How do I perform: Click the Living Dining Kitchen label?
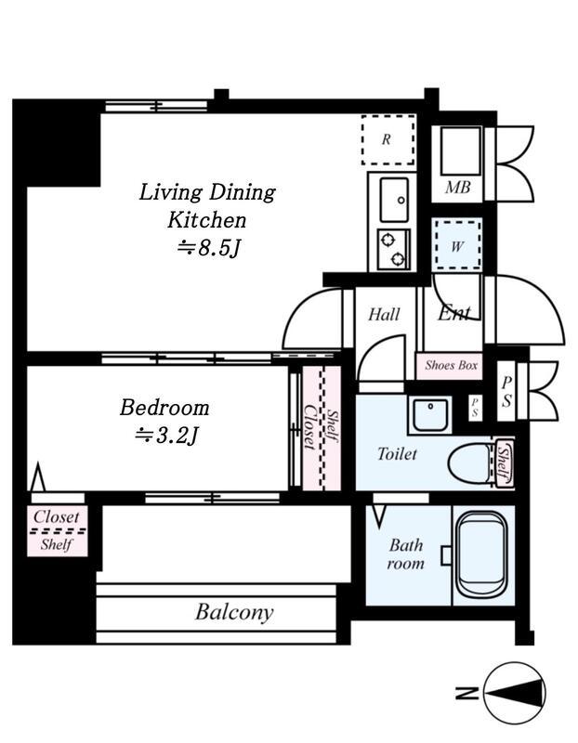(207, 206)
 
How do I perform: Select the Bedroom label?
(164, 408)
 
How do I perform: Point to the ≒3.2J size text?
(166, 436)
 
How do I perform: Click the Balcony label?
(234, 612)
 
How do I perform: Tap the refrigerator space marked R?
(388, 140)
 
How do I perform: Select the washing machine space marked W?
(457, 245)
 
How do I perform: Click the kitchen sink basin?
(394, 200)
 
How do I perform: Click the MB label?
(457, 189)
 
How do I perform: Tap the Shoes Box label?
(451, 365)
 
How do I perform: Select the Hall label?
(384, 314)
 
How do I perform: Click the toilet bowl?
(469, 463)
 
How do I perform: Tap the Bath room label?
(406, 554)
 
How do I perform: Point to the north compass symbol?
(515, 693)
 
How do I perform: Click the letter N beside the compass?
(466, 693)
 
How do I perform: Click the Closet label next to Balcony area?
(57, 516)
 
